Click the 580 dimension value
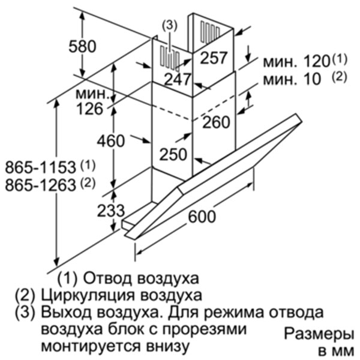coord(82,46)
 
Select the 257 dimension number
coord(214,58)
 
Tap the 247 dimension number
coord(178,79)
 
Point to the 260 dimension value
coord(216,122)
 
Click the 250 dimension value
coord(173,154)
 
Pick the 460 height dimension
coord(111,141)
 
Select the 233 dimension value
coord(111,211)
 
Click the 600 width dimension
coord(202,216)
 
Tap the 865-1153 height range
coord(40,167)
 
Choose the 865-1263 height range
coord(40,185)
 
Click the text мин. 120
coord(296,62)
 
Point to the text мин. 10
coord(292,79)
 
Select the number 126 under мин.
coord(90,109)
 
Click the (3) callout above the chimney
coord(170,25)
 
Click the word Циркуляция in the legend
coord(88,295)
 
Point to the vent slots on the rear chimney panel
coord(210,32)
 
